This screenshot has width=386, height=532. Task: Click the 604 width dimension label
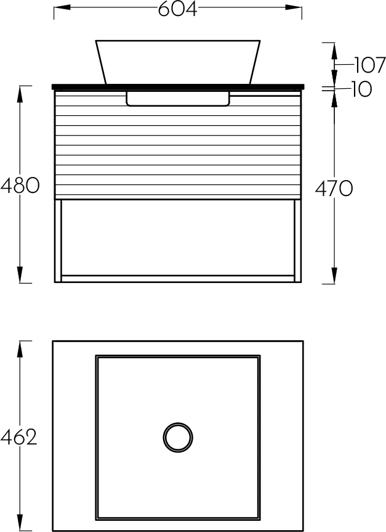(x=177, y=9)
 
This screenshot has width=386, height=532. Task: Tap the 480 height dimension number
(x=20, y=186)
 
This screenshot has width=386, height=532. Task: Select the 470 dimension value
(x=334, y=188)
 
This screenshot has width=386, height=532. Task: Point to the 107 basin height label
(x=370, y=65)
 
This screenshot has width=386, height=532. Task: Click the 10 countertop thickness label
(x=361, y=89)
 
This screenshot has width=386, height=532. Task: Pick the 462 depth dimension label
(x=18, y=437)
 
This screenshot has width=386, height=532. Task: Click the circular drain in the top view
(x=178, y=437)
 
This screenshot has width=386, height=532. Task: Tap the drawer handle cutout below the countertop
(x=178, y=99)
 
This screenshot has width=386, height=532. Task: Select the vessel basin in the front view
(x=178, y=62)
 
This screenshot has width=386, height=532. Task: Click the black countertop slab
(x=176, y=87)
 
